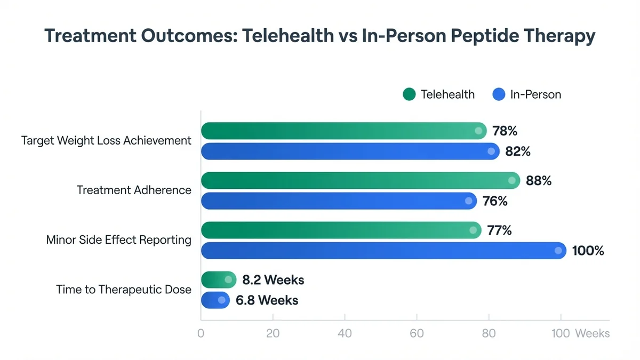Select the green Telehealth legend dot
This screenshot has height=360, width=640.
409,94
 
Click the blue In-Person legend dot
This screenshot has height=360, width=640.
499,94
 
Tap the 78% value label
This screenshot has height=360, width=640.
505,131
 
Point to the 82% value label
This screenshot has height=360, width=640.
518,151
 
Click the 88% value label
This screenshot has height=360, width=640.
538,181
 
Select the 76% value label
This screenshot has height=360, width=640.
494,202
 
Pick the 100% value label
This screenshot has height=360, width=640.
588,251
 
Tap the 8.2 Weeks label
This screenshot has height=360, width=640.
273,279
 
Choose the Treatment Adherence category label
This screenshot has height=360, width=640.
134,190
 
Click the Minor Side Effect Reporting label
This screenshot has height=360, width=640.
119,239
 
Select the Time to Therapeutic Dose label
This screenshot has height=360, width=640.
124,290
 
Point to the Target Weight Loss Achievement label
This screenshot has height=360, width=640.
106,140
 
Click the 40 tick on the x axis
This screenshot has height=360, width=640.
345,333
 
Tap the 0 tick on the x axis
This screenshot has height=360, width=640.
201,333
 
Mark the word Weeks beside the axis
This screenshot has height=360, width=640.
592,333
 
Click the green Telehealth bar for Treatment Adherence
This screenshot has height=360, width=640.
357,181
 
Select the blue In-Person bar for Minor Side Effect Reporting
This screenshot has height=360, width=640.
379,251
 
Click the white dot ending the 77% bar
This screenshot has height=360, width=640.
473,230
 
